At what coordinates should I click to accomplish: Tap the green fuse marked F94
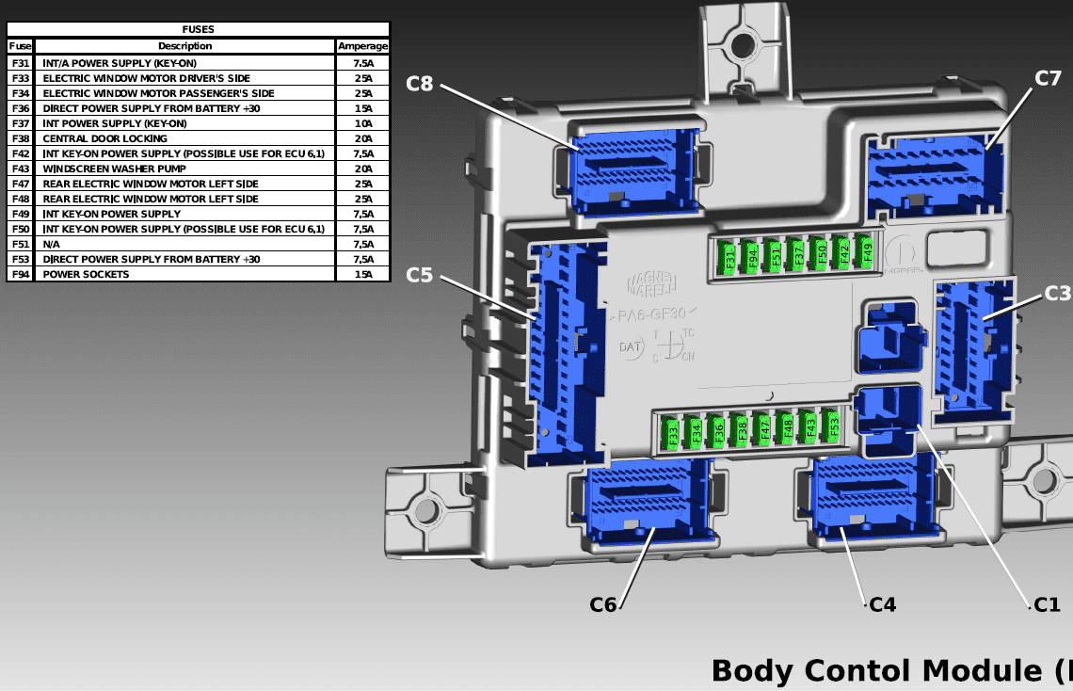tap(752, 257)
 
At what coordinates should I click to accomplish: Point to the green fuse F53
tap(832, 426)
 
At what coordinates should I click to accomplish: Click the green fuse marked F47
tap(764, 430)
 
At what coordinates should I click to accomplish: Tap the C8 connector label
tap(420, 84)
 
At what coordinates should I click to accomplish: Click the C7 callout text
tap(1048, 78)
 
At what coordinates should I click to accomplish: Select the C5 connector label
tap(420, 276)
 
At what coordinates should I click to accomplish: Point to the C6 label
tap(603, 604)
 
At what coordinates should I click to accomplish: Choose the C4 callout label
tap(882, 604)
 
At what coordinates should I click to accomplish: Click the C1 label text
tap(1047, 604)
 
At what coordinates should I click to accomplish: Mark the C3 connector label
tap(1058, 294)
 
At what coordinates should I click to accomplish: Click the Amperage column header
tap(362, 45)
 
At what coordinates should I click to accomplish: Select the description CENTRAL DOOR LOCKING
tap(105, 138)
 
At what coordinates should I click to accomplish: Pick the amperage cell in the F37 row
tap(362, 123)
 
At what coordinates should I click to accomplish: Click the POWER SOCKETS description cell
tap(87, 274)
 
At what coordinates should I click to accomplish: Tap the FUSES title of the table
tap(198, 29)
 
